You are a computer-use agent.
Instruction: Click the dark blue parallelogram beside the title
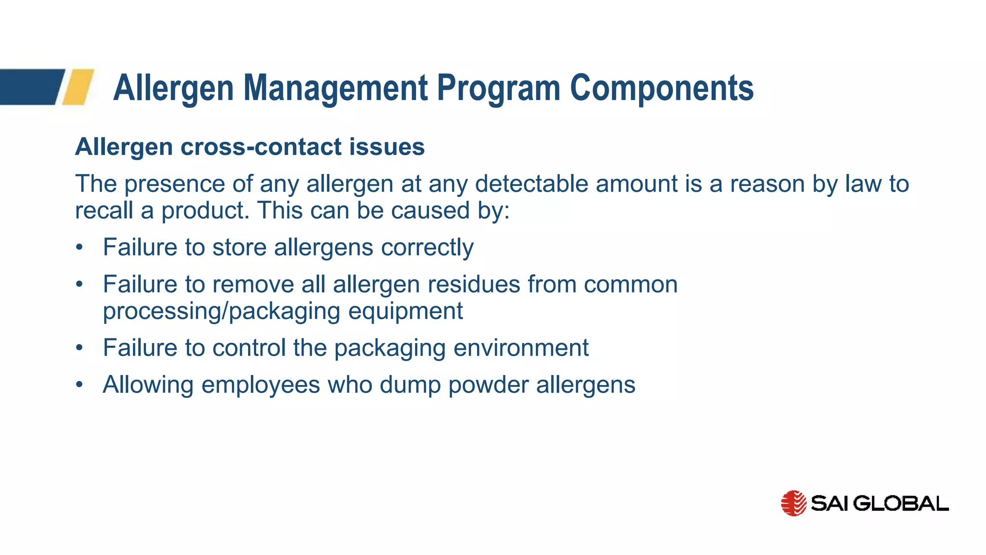click(x=30, y=87)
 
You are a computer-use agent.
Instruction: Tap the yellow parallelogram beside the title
click(x=78, y=87)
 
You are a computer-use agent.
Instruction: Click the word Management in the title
click(x=336, y=88)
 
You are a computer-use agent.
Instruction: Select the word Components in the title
click(x=662, y=88)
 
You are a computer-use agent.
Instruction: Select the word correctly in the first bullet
click(x=427, y=248)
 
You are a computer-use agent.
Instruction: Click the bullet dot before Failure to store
click(x=79, y=248)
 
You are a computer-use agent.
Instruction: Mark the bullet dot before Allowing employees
click(x=79, y=385)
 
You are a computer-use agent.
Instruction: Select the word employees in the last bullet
click(x=260, y=385)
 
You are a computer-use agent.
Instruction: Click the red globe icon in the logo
click(x=793, y=503)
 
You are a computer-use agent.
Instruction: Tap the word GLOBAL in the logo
click(x=903, y=503)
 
